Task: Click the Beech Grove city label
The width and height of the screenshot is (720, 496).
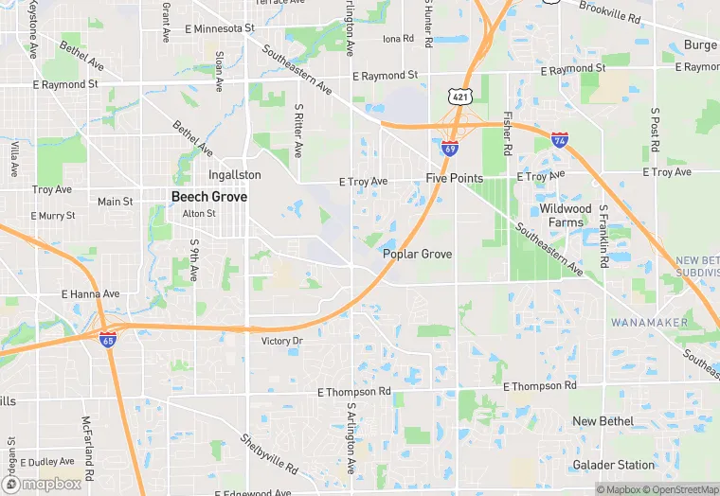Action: (x=209, y=197)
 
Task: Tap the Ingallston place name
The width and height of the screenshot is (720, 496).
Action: (x=234, y=175)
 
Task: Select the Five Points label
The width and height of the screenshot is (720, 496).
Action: (x=455, y=178)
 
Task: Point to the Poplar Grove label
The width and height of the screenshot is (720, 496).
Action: (x=417, y=255)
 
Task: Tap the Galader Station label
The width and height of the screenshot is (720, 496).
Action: (x=613, y=465)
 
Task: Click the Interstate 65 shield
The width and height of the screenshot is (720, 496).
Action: (x=109, y=338)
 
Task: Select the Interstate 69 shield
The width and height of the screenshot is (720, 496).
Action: (x=450, y=149)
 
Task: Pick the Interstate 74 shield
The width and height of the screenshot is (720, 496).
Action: (x=560, y=140)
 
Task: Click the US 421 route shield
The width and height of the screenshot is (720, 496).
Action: (x=460, y=97)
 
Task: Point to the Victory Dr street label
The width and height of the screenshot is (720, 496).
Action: (x=281, y=341)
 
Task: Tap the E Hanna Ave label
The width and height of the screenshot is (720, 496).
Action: (x=91, y=294)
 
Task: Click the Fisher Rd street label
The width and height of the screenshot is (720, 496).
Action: (x=508, y=134)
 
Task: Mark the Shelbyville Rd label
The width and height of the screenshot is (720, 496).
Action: (x=269, y=454)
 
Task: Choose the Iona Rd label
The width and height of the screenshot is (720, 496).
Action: (x=398, y=39)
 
